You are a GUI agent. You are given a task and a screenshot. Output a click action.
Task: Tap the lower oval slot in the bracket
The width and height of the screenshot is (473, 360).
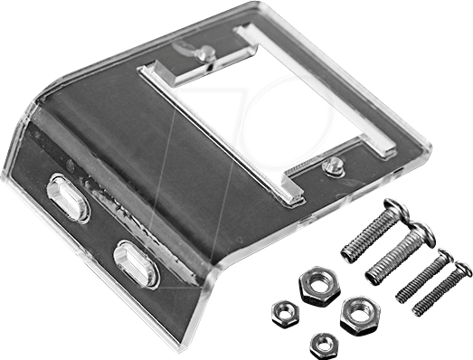coord(136,263)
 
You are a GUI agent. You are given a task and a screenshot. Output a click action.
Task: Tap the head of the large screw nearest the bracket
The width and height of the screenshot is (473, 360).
coord(395,211)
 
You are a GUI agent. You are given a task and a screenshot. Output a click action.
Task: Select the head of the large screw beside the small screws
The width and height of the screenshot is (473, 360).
coord(421,237)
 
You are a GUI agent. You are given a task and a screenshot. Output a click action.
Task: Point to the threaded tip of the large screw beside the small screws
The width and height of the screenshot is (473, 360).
coord(373,276)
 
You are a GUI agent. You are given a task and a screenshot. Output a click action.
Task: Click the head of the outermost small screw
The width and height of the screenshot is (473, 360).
coord(464,269)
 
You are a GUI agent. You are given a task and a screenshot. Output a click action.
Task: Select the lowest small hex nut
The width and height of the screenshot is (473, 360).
coord(323,344)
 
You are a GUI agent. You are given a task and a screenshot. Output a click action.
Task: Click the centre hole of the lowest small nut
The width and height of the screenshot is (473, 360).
coord(323,344)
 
